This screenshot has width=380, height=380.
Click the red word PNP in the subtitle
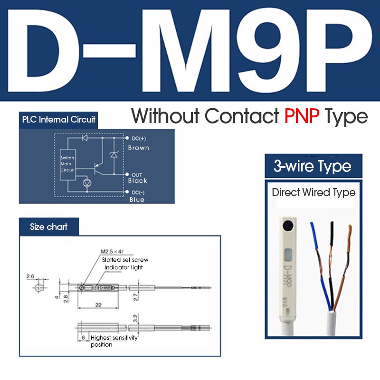(301, 116)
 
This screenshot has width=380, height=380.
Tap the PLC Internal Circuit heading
(58, 120)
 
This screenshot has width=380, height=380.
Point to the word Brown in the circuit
(138, 148)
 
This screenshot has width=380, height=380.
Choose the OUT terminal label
(137, 175)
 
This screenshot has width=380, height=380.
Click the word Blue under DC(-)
(136, 199)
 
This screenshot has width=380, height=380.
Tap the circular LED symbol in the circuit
(87, 182)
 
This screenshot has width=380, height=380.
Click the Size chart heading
(48, 227)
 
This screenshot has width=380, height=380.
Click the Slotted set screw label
(125, 260)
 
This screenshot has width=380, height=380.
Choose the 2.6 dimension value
(30, 275)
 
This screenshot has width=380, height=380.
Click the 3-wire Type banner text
(313, 167)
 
